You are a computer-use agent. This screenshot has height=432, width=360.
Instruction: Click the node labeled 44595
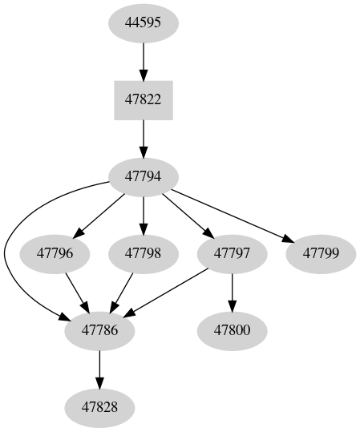coord(144,22)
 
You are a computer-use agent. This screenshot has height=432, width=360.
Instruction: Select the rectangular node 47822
coord(144,100)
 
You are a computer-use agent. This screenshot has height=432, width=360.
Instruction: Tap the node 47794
coord(144,177)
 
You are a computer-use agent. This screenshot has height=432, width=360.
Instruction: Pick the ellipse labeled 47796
coord(55,254)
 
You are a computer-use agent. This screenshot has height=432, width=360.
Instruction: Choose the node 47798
coord(144,254)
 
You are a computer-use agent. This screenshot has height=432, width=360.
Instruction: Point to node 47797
coord(232,254)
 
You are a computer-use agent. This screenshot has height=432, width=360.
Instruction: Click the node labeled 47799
coord(320,254)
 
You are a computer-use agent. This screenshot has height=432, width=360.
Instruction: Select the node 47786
coord(99,330)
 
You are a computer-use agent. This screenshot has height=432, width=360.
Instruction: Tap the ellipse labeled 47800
coord(232,330)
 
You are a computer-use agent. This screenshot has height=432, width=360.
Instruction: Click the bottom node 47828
coord(99,407)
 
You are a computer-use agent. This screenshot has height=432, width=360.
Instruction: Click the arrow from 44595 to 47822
coord(144,61)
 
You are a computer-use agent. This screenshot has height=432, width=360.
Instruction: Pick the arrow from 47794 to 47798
coord(144,215)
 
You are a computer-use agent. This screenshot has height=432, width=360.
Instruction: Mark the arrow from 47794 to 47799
coord(233,214)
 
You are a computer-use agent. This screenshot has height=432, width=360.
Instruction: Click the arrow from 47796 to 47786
coord(76,291)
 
